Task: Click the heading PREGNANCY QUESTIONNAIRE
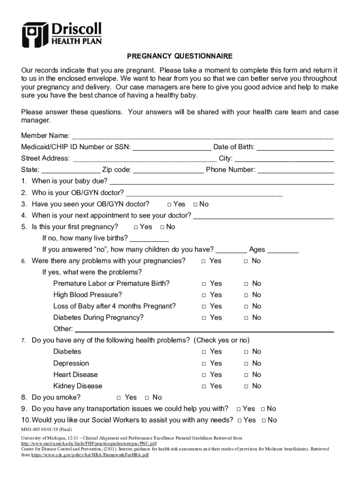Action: (x=180, y=56)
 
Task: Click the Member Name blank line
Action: (x=202, y=136)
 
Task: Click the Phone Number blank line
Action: (x=295, y=170)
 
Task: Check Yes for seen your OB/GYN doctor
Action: (x=169, y=204)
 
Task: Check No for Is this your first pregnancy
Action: (x=162, y=227)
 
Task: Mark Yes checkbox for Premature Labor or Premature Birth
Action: (x=204, y=284)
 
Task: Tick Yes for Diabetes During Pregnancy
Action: (x=204, y=318)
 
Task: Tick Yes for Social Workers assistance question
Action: (x=239, y=421)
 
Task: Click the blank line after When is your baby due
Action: (x=222, y=181)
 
